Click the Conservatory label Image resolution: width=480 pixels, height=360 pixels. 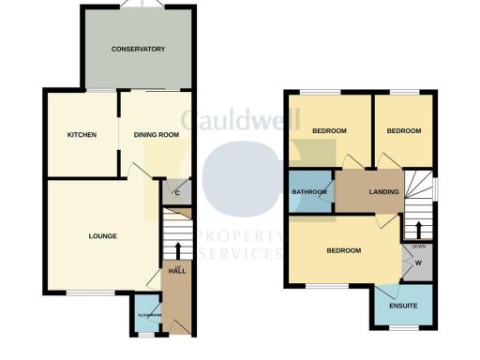coord(138,49)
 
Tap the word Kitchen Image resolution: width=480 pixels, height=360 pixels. coord(82,135)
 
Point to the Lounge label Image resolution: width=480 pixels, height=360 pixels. coord(103,235)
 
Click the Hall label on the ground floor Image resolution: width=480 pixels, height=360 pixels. coord(176,270)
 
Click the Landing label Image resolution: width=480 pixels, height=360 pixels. coord(383,192)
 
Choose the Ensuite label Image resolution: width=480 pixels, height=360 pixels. coord(403,305)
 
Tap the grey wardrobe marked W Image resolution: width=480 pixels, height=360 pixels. coord(417,264)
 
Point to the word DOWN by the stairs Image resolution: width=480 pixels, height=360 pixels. coord(417,247)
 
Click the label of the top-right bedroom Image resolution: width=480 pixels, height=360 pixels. coord(403,130)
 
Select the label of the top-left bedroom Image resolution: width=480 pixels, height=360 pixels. coord(330,130)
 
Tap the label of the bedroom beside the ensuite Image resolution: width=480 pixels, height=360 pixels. coord(344,251)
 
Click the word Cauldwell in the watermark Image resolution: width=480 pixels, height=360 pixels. coord(239,119)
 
